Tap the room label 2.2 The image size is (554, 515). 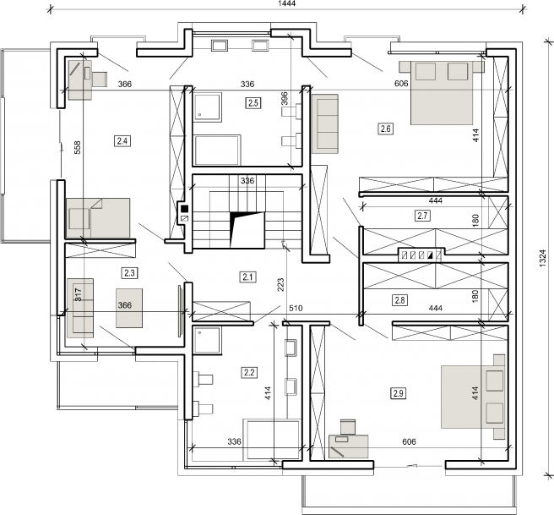[249, 371]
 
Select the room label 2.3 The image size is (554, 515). [129, 272]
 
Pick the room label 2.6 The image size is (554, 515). [386, 129]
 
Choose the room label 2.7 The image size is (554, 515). [423, 216]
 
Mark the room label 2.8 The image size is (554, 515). [400, 299]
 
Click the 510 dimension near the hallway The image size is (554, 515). [295, 308]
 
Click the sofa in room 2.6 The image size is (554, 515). [325, 123]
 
